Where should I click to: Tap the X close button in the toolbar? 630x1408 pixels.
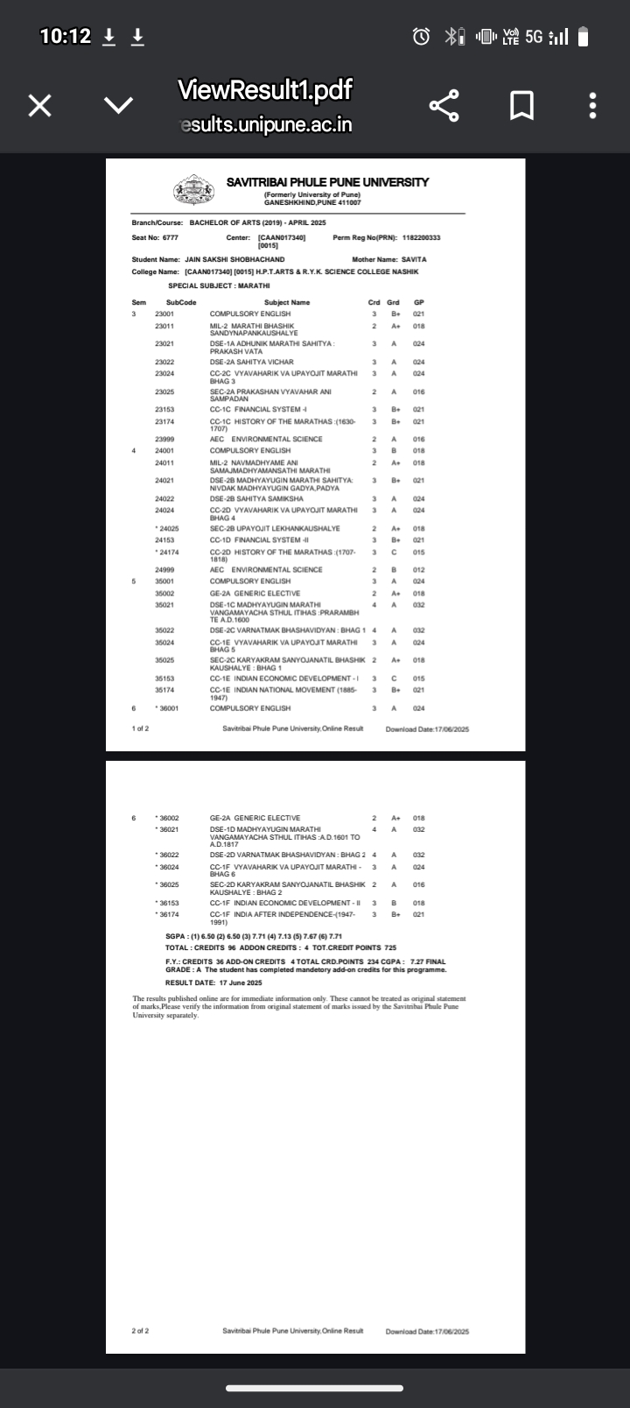pyautogui.click(x=39, y=106)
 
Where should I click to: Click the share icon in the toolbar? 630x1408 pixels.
pyautogui.click(x=444, y=106)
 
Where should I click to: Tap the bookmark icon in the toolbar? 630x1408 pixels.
pyautogui.click(x=521, y=106)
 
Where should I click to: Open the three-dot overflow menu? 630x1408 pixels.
pyautogui.click(x=592, y=106)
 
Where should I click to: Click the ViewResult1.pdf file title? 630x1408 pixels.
pyautogui.click(x=264, y=89)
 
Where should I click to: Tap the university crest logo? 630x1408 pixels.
pyautogui.click(x=193, y=189)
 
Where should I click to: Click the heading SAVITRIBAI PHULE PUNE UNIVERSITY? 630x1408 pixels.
pyautogui.click(x=327, y=182)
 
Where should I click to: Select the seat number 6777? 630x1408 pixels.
pyautogui.click(x=170, y=237)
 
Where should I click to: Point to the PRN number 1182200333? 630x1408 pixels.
pyautogui.click(x=421, y=237)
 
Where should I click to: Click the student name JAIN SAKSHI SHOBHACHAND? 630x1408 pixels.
pyautogui.click(x=234, y=259)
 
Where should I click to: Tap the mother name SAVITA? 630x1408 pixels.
pyautogui.click(x=414, y=259)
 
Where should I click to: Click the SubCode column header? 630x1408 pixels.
pyautogui.click(x=181, y=302)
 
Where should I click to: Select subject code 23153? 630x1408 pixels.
pyautogui.click(x=164, y=409)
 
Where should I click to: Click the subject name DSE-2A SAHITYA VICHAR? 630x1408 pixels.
pyautogui.click(x=252, y=362)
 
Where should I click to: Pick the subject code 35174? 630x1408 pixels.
pyautogui.click(x=164, y=690)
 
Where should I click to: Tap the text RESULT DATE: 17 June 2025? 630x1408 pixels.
pyautogui.click(x=213, y=982)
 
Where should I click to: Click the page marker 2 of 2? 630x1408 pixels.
pyautogui.click(x=140, y=1331)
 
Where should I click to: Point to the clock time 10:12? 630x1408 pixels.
pyautogui.click(x=66, y=36)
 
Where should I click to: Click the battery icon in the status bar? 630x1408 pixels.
pyautogui.click(x=584, y=37)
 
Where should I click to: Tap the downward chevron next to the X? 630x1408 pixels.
pyautogui.click(x=118, y=106)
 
